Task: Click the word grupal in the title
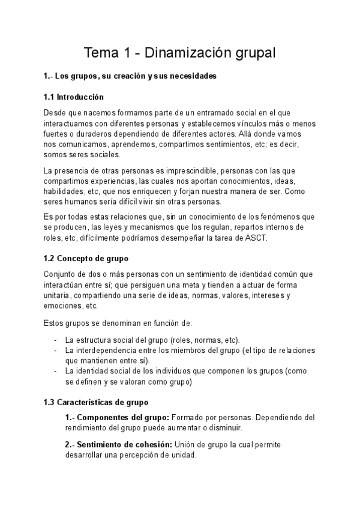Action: coord(252,53)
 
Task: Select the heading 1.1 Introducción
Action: coord(74,97)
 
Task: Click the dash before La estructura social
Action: coord(56,340)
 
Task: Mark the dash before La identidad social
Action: coord(56,371)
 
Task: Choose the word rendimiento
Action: coord(90,428)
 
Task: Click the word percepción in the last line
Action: coord(148,456)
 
